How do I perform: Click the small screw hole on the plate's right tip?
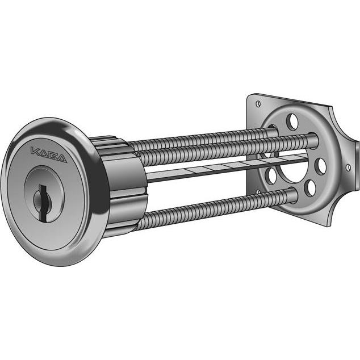click(348, 167)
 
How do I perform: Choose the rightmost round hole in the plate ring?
click(321, 165)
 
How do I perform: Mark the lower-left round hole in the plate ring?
click(271, 175)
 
